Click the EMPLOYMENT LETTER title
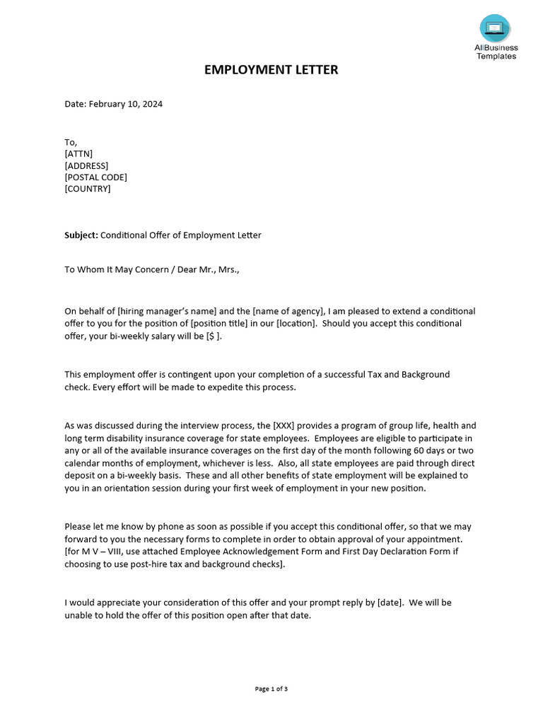[271, 69]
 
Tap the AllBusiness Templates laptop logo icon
[495, 28]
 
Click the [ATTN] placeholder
[78, 154]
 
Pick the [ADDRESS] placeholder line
[86, 165]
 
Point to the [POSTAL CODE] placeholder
[96, 177]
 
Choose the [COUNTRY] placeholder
[88, 189]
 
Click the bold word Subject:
[81, 235]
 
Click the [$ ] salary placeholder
[213, 336]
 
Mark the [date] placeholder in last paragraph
[390, 602]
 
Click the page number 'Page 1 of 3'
[271, 689]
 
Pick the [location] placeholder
[296, 323]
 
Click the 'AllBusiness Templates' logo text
[496, 52]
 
